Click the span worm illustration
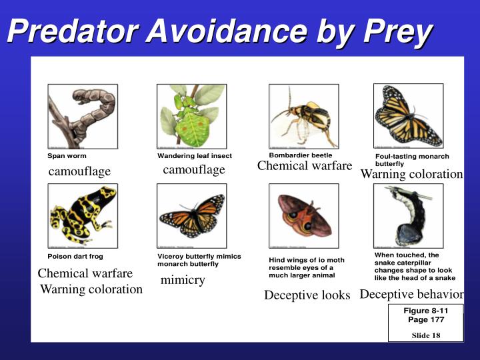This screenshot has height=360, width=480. click(x=83, y=116)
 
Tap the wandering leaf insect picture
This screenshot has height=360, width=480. click(x=191, y=116)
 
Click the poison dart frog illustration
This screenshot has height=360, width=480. click(x=83, y=215)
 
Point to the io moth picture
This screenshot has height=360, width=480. click(x=303, y=215)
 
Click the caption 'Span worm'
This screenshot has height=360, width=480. click(x=67, y=156)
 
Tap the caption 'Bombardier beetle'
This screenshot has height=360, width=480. click(x=300, y=155)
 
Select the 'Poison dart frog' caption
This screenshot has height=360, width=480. click(x=75, y=256)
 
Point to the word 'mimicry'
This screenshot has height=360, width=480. click(x=183, y=280)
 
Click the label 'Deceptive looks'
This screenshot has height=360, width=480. click(x=307, y=295)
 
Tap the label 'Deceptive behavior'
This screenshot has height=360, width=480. click(x=411, y=294)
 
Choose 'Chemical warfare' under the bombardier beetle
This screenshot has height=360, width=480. click(x=304, y=166)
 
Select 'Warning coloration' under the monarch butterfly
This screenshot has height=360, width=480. click(x=411, y=174)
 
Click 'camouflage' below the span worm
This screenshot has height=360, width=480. click(x=79, y=172)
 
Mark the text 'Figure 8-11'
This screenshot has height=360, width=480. click(x=425, y=311)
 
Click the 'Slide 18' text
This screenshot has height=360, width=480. click(x=425, y=335)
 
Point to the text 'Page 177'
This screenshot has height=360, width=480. click(x=425, y=320)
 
